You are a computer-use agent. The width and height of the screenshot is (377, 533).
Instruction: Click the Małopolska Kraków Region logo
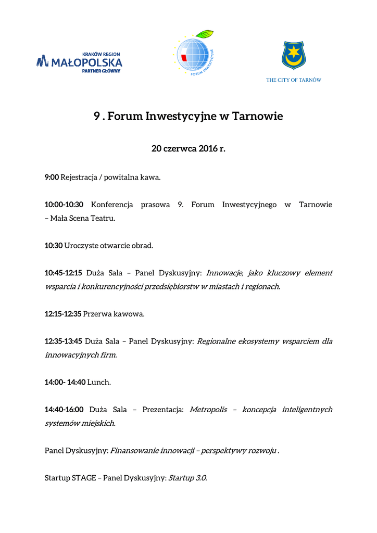[x=79, y=62]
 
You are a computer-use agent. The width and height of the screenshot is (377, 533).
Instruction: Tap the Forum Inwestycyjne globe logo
[x=196, y=55]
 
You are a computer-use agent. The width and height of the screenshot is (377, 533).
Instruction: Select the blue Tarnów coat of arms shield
[x=294, y=56]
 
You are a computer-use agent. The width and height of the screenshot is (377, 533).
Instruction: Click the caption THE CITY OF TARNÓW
[x=294, y=80]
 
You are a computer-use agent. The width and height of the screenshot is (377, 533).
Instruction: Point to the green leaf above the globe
[x=205, y=34]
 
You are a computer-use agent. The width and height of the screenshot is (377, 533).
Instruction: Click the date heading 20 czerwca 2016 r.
[x=188, y=149]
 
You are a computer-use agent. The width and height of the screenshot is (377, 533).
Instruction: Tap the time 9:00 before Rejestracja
[x=52, y=177]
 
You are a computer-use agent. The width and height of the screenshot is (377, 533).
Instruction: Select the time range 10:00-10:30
[x=64, y=205]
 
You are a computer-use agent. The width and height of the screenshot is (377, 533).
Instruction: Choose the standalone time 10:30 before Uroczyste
[x=54, y=246]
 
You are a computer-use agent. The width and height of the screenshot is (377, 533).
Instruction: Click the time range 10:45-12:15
[x=64, y=273]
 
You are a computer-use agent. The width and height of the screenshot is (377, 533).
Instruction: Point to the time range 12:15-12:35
[x=63, y=314]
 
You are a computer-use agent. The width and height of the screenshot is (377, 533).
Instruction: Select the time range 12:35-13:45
[x=64, y=341]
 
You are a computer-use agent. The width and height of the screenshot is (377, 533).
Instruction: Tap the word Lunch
[x=99, y=383]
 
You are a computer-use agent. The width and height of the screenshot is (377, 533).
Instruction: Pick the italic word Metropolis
[x=208, y=410]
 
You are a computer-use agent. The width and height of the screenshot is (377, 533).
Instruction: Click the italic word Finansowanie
[x=133, y=451]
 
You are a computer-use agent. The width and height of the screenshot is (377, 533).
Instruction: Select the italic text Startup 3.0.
[x=187, y=478]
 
